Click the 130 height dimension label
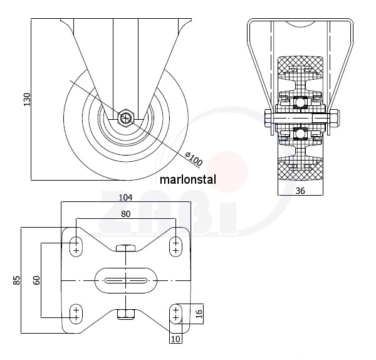[x=27, y=99]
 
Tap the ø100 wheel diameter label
[x=194, y=158]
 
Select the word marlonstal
[x=188, y=179]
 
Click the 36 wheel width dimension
[x=300, y=191]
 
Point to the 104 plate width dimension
[x=126, y=198]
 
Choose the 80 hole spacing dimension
[x=126, y=214]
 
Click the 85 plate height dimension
[x=17, y=280]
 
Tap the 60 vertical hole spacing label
[x=37, y=280]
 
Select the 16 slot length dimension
[x=199, y=314]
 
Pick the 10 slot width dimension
[x=175, y=339]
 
